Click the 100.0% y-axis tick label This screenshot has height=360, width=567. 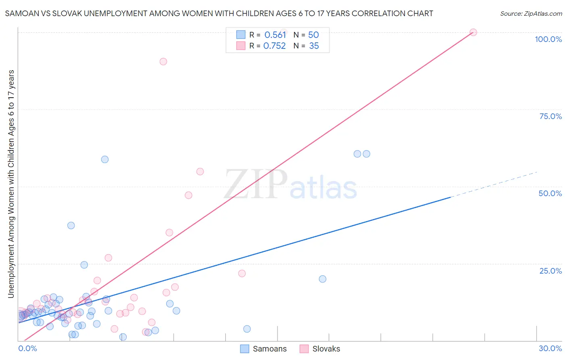[x=548, y=39]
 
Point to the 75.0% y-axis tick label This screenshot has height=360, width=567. [x=550, y=116]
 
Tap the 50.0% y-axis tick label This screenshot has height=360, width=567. [x=550, y=193]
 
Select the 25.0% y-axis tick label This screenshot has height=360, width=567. [x=550, y=270]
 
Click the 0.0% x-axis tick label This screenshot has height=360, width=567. [x=27, y=348]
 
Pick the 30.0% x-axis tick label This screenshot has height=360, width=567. [x=550, y=348]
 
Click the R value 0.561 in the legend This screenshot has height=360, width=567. [x=275, y=35]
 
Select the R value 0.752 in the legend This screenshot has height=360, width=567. [x=274, y=46]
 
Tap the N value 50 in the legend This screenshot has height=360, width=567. [x=313, y=35]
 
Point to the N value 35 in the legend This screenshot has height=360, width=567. [x=314, y=46]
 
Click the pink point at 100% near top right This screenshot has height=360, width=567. [x=473, y=32]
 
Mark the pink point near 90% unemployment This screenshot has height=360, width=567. [x=163, y=62]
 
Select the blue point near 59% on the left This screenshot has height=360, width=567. [x=105, y=159]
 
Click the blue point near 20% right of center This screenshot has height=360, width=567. [x=323, y=279]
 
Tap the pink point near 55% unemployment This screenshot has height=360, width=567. [x=200, y=172]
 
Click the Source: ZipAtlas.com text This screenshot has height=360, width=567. [x=531, y=14]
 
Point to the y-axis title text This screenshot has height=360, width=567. [x=11, y=184]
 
